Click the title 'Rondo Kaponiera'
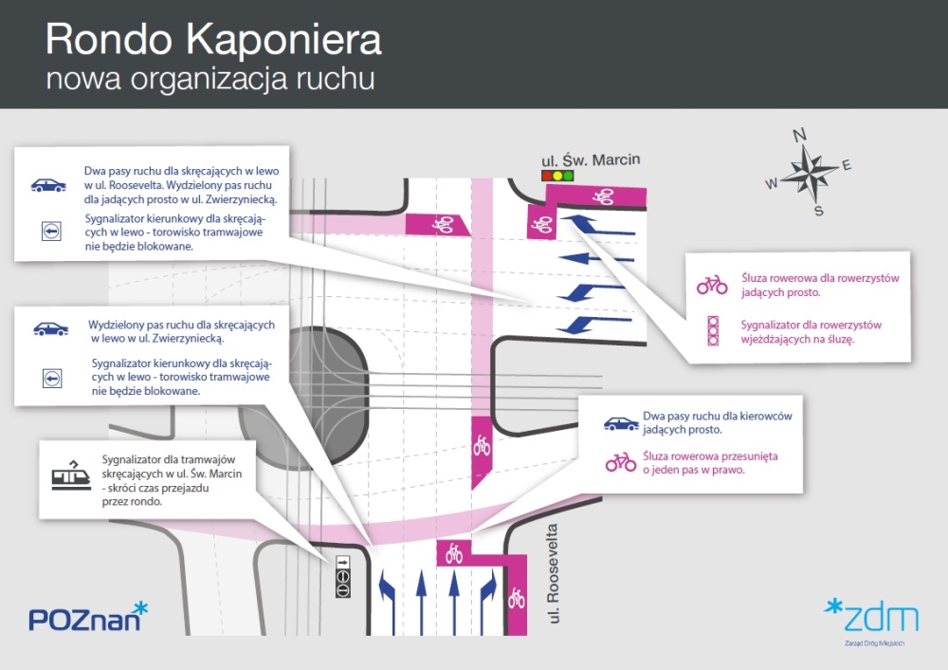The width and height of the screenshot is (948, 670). [x=213, y=40]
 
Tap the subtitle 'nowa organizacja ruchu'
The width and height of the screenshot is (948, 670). [x=210, y=80]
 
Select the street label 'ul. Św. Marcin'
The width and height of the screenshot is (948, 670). [x=590, y=159]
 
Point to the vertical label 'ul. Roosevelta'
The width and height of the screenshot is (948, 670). [x=553, y=573]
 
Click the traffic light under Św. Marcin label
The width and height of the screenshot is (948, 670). [x=557, y=177]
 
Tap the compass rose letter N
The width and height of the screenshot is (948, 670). [x=799, y=135]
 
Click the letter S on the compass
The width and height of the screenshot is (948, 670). [x=819, y=211]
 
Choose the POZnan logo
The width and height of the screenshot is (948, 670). [x=88, y=617]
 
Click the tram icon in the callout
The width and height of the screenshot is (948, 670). [x=71, y=475]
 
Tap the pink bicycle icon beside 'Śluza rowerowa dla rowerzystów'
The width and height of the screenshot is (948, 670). [x=712, y=285]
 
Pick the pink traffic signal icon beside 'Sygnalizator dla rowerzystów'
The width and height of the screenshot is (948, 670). [x=714, y=330]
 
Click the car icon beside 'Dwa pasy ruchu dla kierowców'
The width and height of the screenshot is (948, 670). [x=621, y=423]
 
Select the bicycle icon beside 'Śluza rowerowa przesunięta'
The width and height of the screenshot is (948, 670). [x=621, y=463]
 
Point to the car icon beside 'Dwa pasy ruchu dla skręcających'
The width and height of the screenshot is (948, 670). [x=48, y=185]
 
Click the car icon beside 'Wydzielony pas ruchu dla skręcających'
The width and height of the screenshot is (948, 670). [x=51, y=328]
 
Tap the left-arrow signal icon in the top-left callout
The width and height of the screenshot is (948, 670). [x=51, y=231]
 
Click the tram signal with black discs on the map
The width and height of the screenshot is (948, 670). [x=343, y=576]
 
